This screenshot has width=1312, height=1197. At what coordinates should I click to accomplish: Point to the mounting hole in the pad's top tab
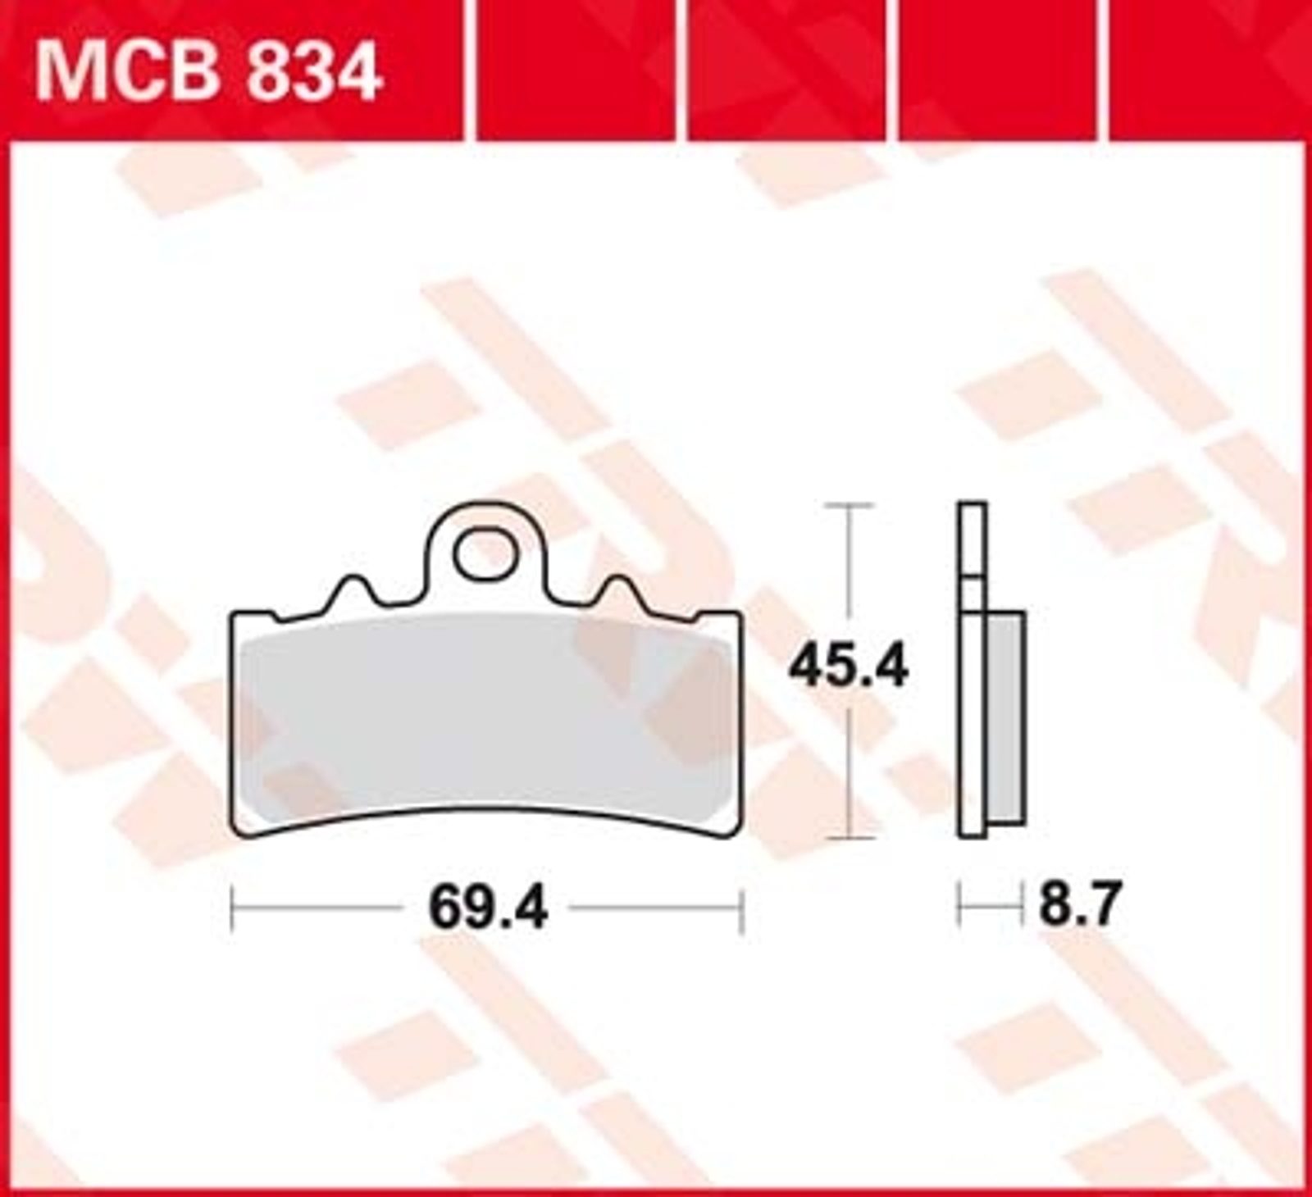point(485,555)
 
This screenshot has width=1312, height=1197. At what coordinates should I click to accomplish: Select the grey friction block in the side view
point(1006,717)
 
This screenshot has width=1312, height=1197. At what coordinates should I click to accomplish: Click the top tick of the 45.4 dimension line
point(849,506)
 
